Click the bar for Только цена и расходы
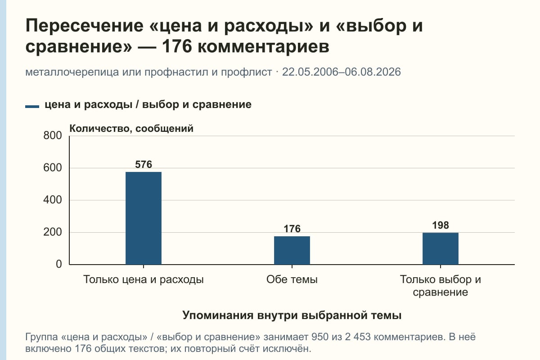click(144, 218)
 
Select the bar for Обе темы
click(292, 250)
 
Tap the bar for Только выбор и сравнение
click(441, 248)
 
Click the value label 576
click(144, 164)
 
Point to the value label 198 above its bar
click(441, 225)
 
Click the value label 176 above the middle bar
click(292, 229)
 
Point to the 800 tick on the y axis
click(53, 135)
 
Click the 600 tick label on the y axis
click(53, 168)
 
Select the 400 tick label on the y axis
click(53, 200)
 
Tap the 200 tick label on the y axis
click(53, 232)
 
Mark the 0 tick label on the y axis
click(59, 264)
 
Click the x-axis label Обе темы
click(292, 279)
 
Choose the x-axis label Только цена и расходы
click(144, 280)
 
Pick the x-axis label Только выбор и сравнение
click(441, 286)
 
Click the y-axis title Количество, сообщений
click(131, 129)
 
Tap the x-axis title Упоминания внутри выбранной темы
click(292, 315)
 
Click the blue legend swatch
click(32, 106)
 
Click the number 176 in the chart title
click(177, 46)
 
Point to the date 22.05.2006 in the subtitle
click(312, 72)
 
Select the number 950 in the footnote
click(319, 337)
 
